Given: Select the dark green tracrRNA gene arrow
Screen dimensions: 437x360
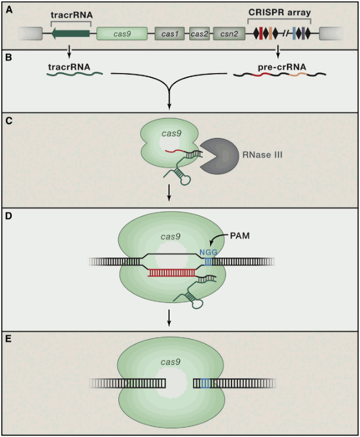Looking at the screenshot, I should [70, 33].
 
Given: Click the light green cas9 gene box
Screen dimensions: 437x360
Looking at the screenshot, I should [123, 34].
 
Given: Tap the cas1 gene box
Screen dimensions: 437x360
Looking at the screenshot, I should [171, 34].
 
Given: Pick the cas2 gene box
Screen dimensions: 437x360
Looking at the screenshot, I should [200, 34].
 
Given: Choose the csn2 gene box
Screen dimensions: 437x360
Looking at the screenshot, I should [227, 34].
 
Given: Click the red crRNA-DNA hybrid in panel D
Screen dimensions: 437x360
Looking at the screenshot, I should [172, 273].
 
